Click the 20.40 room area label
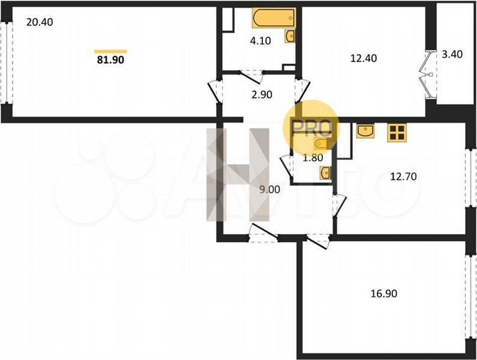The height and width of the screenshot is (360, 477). coord(39,22)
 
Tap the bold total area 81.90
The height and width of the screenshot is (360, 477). coord(111,59)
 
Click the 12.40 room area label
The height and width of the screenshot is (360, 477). coord(364,58)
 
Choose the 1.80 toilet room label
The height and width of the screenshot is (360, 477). coord(314,158)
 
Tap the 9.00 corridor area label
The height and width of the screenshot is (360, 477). coord(270,189)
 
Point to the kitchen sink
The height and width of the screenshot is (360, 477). coord(366,131)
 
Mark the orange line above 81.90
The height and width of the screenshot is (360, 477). coord(111,51)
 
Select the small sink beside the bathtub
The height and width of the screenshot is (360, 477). coord(291,36)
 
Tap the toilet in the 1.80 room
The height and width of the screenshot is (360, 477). coord(324,173)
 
